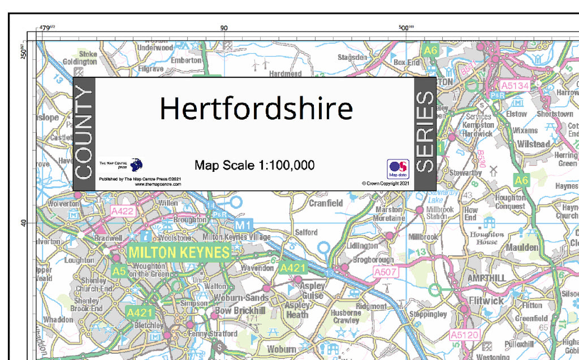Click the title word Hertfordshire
pos(256,108)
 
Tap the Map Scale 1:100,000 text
pos(254,165)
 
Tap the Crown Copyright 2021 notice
pos(385,184)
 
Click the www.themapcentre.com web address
pos(158,184)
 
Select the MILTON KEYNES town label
pos(179,252)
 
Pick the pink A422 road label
pos(123,211)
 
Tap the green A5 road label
pos(119,271)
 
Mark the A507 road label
pos(386,272)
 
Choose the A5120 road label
pos(464,335)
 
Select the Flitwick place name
pos(486,301)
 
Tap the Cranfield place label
pos(325,203)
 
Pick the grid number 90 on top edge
pos(224,28)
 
